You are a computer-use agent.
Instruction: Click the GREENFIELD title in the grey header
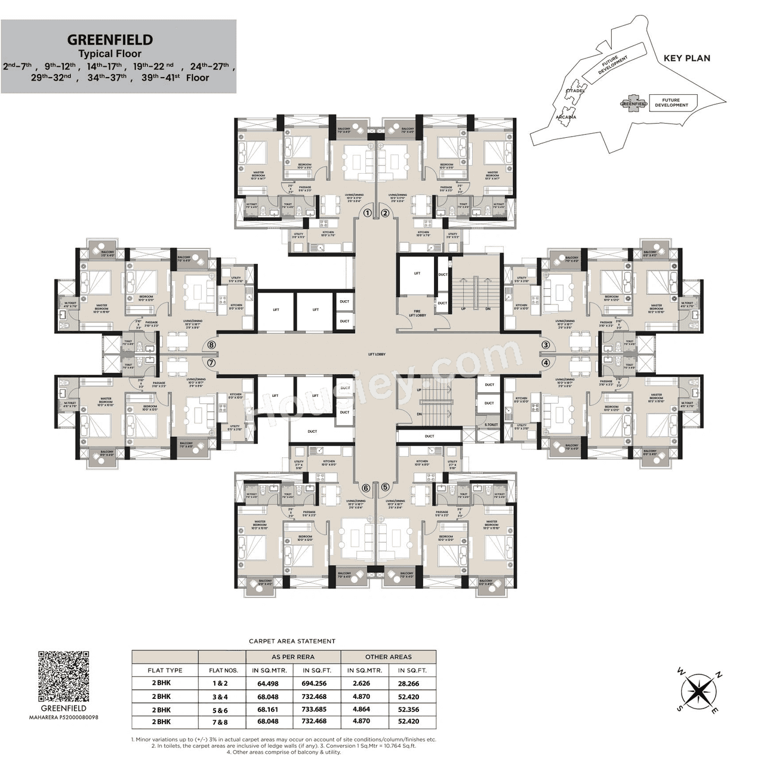[110, 40]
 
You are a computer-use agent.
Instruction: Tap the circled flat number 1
[368, 212]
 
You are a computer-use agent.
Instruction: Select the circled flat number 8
[211, 345]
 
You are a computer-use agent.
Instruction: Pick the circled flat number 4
[545, 362]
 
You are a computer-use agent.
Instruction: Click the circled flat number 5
[385, 487]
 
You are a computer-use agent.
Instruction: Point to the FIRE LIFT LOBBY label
[417, 312]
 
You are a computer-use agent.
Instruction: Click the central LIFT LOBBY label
[377, 354]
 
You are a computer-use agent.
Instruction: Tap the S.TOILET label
[491, 424]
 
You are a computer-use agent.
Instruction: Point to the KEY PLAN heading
[687, 58]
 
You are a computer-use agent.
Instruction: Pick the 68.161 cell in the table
[269, 709]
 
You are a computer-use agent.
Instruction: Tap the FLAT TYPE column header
[165, 670]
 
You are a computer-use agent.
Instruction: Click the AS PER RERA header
[292, 657]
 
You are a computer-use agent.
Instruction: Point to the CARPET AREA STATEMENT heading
[292, 641]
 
